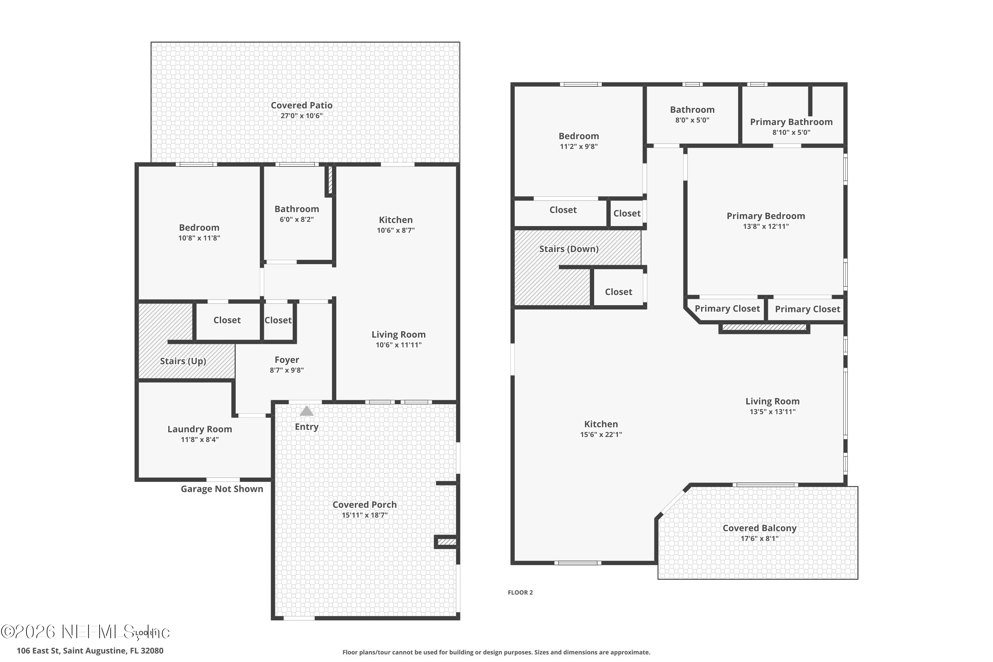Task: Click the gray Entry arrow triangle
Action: [x=307, y=411]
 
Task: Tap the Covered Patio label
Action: [x=302, y=105]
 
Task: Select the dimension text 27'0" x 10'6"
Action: [x=302, y=116]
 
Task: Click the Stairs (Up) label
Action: [x=183, y=361]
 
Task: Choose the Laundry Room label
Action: [x=200, y=429]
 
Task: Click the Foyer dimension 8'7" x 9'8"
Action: [x=287, y=370]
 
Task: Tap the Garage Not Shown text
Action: [x=222, y=489]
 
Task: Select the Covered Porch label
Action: [x=364, y=504]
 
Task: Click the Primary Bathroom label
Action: [x=791, y=122]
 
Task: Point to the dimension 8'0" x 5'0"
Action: [x=692, y=120]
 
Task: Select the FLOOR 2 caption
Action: [x=520, y=592]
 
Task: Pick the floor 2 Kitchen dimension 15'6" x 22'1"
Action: [x=601, y=434]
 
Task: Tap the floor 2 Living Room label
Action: [x=772, y=401]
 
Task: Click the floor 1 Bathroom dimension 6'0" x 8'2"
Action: [x=296, y=219]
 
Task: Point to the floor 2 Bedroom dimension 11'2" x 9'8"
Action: [x=578, y=147]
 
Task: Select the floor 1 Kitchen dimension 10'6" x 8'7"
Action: [x=396, y=230]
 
